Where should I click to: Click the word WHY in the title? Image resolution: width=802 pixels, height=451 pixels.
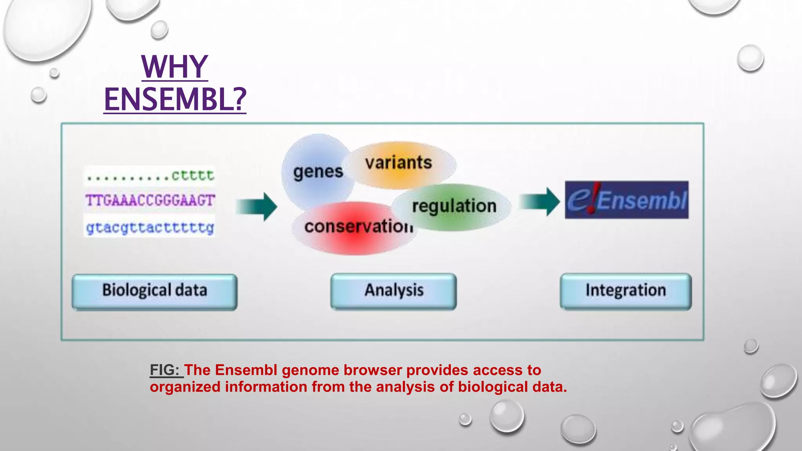pos(175,67)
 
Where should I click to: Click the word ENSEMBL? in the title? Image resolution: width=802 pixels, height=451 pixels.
pos(175,99)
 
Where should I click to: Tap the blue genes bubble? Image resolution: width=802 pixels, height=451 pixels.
pos(317,171)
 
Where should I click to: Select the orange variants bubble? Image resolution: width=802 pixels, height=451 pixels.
pos(399,163)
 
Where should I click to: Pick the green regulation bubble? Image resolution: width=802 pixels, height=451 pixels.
pos(454,206)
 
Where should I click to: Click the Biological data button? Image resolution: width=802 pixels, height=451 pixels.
pos(154,291)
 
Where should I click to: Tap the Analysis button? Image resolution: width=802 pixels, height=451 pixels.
pos(394,291)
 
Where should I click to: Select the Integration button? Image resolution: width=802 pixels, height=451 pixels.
pos(625,291)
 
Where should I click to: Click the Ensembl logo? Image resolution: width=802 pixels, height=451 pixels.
pos(627,200)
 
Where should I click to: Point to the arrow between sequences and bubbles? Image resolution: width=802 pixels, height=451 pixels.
pos(257,206)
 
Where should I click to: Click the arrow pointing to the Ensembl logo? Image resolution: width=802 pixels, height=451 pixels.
pos(540,202)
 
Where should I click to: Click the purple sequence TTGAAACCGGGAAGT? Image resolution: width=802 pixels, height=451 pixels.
pos(150,200)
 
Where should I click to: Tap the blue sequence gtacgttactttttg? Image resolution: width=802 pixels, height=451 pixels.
pos(150,227)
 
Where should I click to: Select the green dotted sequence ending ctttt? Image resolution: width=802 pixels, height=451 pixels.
pos(150,176)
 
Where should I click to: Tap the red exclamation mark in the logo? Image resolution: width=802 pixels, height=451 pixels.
pos(594,198)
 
